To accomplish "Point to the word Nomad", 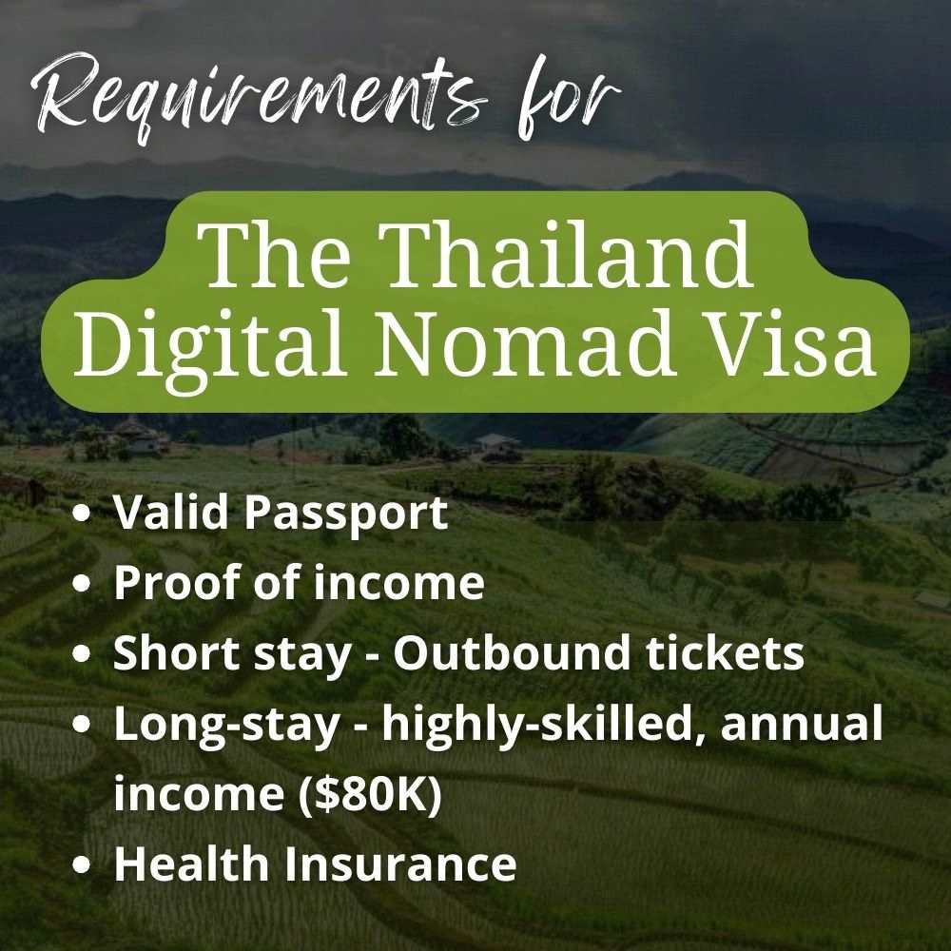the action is point(525,341).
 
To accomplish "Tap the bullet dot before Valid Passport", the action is point(81,514).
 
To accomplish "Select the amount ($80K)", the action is point(370,794).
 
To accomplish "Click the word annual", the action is point(801,724).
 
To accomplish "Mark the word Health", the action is point(192,864).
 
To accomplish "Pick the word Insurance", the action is point(400,864).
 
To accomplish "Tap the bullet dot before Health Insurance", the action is point(81,864).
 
